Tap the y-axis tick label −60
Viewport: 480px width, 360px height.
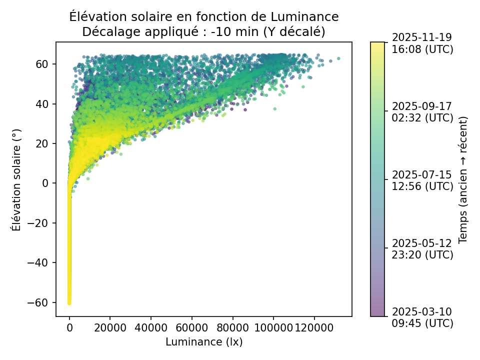click(x=41, y=302)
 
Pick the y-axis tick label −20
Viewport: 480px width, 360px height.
click(x=41, y=223)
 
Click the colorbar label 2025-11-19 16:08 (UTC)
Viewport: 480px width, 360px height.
click(x=422, y=43)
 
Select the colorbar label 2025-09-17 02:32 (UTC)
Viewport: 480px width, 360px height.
click(x=422, y=112)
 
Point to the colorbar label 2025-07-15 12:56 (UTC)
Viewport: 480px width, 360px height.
click(x=422, y=180)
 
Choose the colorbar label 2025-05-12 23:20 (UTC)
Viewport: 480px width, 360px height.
click(x=422, y=248)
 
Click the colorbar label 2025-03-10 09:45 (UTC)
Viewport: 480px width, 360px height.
click(x=422, y=317)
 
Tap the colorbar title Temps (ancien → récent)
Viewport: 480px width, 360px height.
click(x=463, y=179)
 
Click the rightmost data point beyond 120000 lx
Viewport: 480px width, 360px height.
click(x=338, y=58)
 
